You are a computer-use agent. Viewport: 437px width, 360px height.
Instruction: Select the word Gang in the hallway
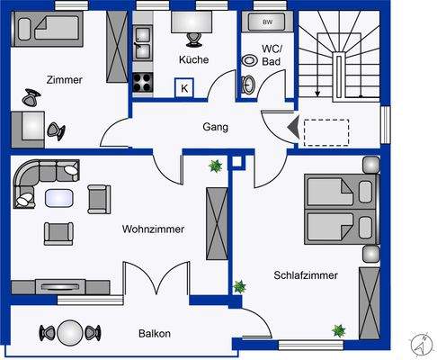point(216,127)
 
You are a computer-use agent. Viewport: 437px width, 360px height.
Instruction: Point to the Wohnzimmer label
point(153,229)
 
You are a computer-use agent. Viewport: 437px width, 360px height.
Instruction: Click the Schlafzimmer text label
point(306,275)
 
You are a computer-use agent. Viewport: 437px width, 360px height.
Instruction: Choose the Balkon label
point(155,333)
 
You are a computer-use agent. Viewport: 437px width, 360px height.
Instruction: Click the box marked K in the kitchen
point(184,87)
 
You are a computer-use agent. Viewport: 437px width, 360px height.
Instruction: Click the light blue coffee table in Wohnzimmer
point(59,197)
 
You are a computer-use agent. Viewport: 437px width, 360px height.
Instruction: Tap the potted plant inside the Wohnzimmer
point(215,166)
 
